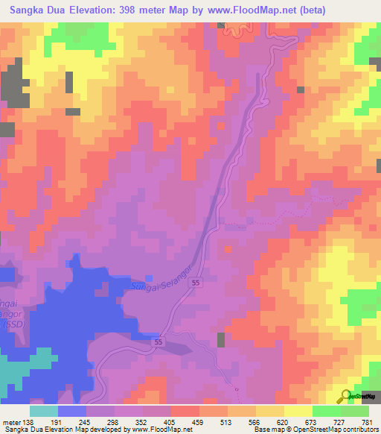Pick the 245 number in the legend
tap(94, 421)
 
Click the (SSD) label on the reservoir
tap(12, 325)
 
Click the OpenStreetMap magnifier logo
tap(345, 396)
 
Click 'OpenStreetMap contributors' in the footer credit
tap(342, 430)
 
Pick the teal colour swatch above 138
tap(44, 411)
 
